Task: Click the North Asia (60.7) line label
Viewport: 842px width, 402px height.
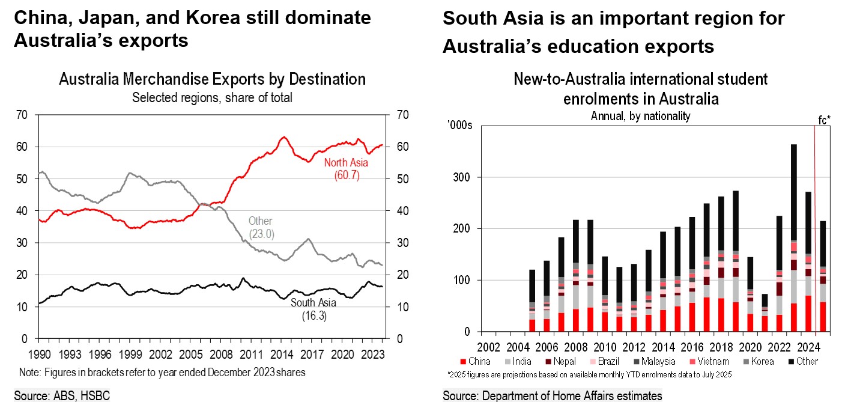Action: [346, 169]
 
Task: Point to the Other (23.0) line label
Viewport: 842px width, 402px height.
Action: [261, 228]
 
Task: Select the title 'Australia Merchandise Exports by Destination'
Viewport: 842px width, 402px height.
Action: [212, 79]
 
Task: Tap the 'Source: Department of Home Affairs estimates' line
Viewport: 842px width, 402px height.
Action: [552, 395]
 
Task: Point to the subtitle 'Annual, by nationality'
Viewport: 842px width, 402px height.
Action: [640, 117]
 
